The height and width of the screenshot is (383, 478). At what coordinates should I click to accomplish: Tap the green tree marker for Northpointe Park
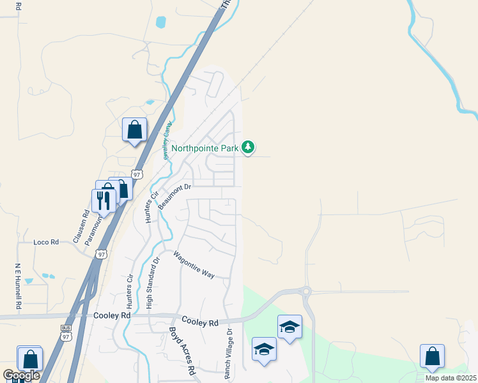249,148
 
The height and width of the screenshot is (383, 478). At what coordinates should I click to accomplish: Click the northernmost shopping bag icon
135,130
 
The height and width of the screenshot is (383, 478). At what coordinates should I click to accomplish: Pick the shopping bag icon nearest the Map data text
432,357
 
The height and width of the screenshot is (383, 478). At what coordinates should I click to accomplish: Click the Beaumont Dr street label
174,196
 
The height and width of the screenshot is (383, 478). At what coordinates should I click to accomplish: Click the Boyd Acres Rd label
181,351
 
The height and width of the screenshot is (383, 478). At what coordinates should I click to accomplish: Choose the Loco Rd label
46,243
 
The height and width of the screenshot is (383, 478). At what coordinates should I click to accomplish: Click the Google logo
21,375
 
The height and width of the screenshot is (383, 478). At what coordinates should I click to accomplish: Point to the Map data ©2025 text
450,378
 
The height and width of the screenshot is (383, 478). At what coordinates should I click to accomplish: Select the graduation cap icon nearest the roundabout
289,327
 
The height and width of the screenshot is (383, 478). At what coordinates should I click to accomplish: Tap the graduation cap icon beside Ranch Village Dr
264,350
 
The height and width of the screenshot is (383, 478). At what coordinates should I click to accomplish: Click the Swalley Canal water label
166,142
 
